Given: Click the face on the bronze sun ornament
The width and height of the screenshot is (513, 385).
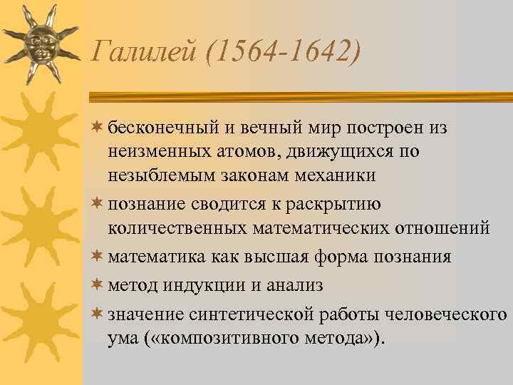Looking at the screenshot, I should pyautogui.click(x=38, y=43).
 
